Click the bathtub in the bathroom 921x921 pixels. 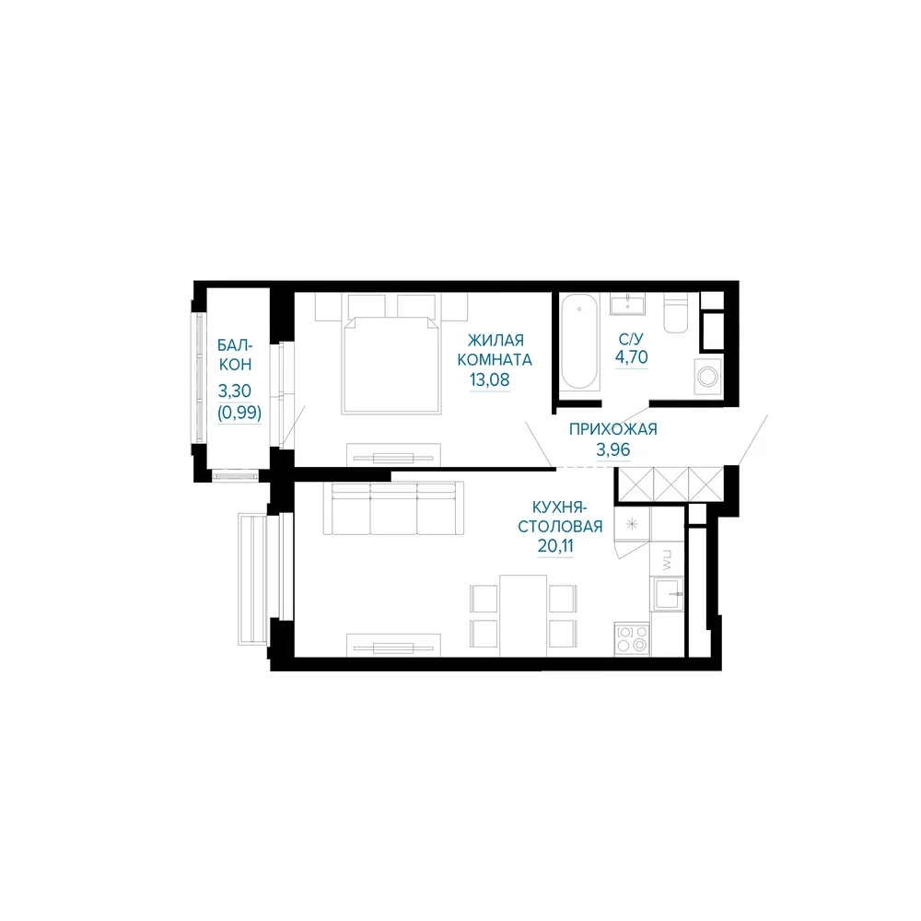click(x=579, y=343)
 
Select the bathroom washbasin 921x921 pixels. click(x=627, y=304)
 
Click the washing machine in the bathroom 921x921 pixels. click(x=707, y=376)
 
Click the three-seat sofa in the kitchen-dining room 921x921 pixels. click(x=393, y=508)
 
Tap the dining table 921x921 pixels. click(x=523, y=615)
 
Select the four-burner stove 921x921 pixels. click(x=632, y=639)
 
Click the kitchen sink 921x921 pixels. click(x=667, y=593)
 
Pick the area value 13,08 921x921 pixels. click(x=489, y=380)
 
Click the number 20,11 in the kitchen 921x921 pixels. click(x=555, y=545)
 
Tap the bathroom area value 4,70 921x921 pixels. click(x=632, y=357)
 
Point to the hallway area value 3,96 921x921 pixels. click(x=613, y=450)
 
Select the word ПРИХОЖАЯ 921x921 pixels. click(x=612, y=429)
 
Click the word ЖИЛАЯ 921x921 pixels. click(x=495, y=340)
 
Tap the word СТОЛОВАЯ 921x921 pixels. click(x=560, y=526)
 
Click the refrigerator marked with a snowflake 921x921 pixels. click(x=632, y=523)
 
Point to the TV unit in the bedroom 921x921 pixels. click(x=393, y=455)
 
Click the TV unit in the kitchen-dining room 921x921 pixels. click(x=393, y=645)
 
